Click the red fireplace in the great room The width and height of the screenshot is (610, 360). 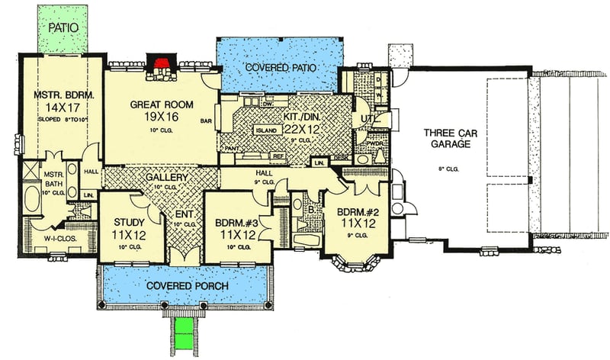[162, 63]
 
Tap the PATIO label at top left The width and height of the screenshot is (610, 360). [65, 27]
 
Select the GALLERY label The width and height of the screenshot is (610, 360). [166, 177]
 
